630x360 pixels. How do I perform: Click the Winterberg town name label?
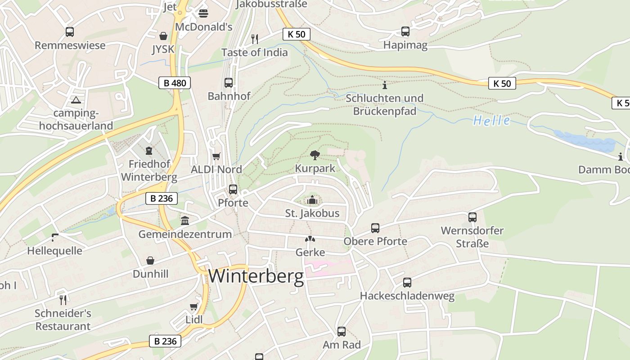(256, 276)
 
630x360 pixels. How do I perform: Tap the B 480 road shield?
(175, 83)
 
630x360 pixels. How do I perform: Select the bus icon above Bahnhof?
(229, 83)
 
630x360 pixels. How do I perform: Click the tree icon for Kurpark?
(315, 155)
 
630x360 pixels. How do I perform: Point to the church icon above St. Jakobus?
(312, 199)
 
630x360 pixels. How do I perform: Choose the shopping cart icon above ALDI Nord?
(216, 157)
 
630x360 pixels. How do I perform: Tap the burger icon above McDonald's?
(203, 13)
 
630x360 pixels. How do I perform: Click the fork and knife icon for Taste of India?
(255, 39)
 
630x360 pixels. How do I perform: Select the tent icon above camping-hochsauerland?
(76, 100)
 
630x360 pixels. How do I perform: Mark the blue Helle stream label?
(491, 121)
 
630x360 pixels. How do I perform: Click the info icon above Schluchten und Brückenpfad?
(384, 85)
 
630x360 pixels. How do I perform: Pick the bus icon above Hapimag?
(405, 31)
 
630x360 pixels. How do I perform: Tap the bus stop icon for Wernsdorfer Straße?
(472, 217)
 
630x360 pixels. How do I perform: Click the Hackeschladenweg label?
(407, 296)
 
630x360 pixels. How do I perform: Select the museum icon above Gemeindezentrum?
(185, 220)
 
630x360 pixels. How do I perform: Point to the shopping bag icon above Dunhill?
(150, 261)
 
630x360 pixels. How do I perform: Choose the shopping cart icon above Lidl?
(194, 307)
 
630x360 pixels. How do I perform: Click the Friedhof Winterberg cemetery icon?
(149, 151)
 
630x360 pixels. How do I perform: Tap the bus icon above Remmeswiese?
(70, 32)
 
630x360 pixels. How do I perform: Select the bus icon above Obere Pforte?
(375, 228)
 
